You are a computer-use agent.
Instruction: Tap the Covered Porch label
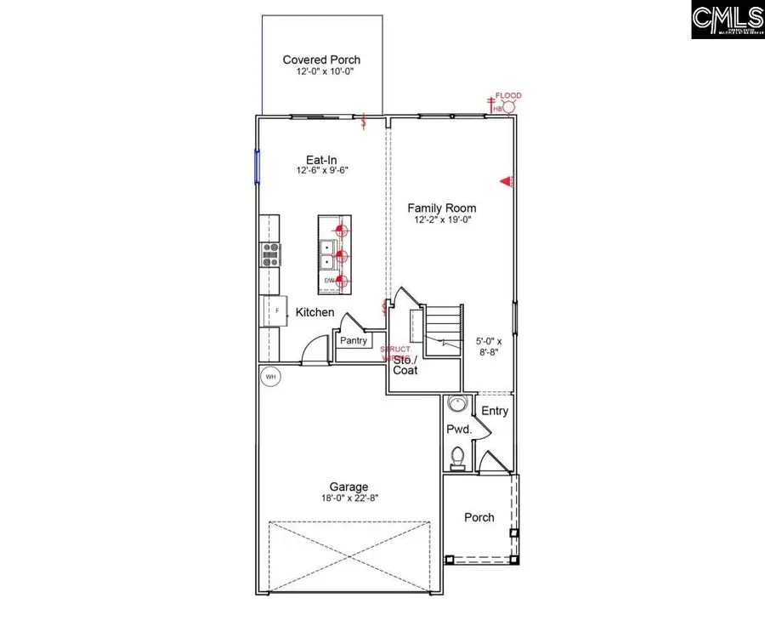coord(321,60)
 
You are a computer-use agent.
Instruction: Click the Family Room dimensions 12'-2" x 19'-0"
coord(441,220)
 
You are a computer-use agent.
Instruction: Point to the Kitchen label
coord(314,312)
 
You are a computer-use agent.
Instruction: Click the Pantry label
coord(354,340)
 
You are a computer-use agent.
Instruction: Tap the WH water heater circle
coord(270,376)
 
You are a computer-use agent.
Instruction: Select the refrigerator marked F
coord(275,311)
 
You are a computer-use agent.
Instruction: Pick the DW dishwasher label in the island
coord(328,280)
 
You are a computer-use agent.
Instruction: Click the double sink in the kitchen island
coord(327,253)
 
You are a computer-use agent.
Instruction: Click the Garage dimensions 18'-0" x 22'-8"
coord(349,499)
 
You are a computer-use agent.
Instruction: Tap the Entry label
coord(495,411)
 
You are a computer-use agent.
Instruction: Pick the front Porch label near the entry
coord(479,517)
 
